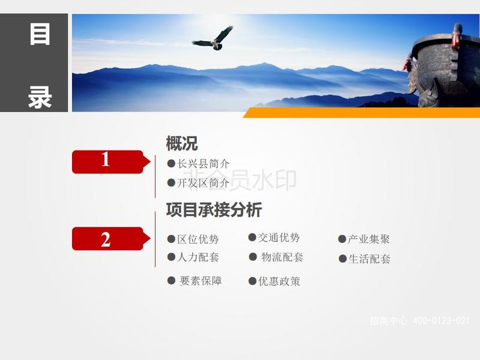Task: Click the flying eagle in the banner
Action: [x=214, y=39]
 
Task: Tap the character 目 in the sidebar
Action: [x=40, y=34]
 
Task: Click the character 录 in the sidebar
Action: [x=40, y=97]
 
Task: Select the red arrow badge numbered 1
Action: [x=111, y=161]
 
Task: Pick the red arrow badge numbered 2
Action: [x=111, y=238]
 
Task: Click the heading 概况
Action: [x=182, y=143]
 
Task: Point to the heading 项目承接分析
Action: [x=214, y=209]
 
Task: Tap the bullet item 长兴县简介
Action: [x=199, y=164]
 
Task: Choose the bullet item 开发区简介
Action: [x=199, y=183]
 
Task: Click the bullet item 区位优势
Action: [x=193, y=239]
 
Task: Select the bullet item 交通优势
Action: [x=274, y=238]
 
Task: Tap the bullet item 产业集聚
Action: [x=364, y=239]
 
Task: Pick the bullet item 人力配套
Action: [x=193, y=257]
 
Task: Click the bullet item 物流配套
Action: [x=276, y=257]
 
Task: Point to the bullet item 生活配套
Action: [x=365, y=259]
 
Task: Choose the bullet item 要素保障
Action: [x=194, y=281]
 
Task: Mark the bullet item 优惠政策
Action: [x=274, y=281]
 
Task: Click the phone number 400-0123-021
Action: [x=441, y=320]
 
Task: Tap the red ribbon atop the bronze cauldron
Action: [x=457, y=36]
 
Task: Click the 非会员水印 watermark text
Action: [x=242, y=180]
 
